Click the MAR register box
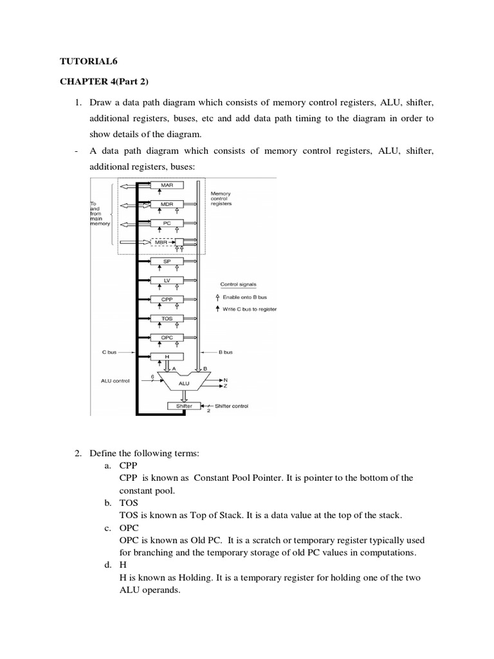(x=167, y=185)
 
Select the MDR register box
(x=167, y=204)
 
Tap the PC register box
(x=167, y=223)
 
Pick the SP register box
(x=167, y=261)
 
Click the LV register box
(x=167, y=280)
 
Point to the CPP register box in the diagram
(x=167, y=299)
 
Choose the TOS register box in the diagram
(x=167, y=318)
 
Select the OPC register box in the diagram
(x=167, y=337)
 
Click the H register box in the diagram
(x=167, y=356)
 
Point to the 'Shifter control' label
(x=231, y=406)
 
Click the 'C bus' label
(x=110, y=353)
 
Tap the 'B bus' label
(x=226, y=353)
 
